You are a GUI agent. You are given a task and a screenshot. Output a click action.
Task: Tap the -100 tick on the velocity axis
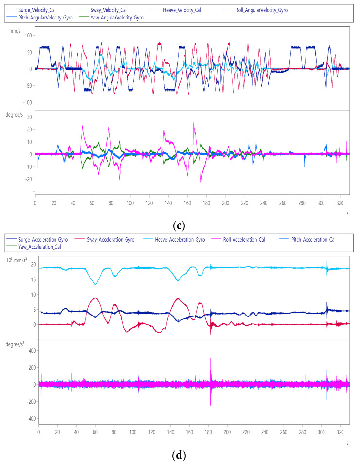[25, 102]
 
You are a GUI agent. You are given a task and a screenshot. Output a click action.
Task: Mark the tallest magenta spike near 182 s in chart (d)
[211, 359]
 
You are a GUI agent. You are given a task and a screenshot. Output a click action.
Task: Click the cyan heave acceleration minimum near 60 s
[96, 284]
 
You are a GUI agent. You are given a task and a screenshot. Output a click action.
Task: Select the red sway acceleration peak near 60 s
[96, 298]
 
